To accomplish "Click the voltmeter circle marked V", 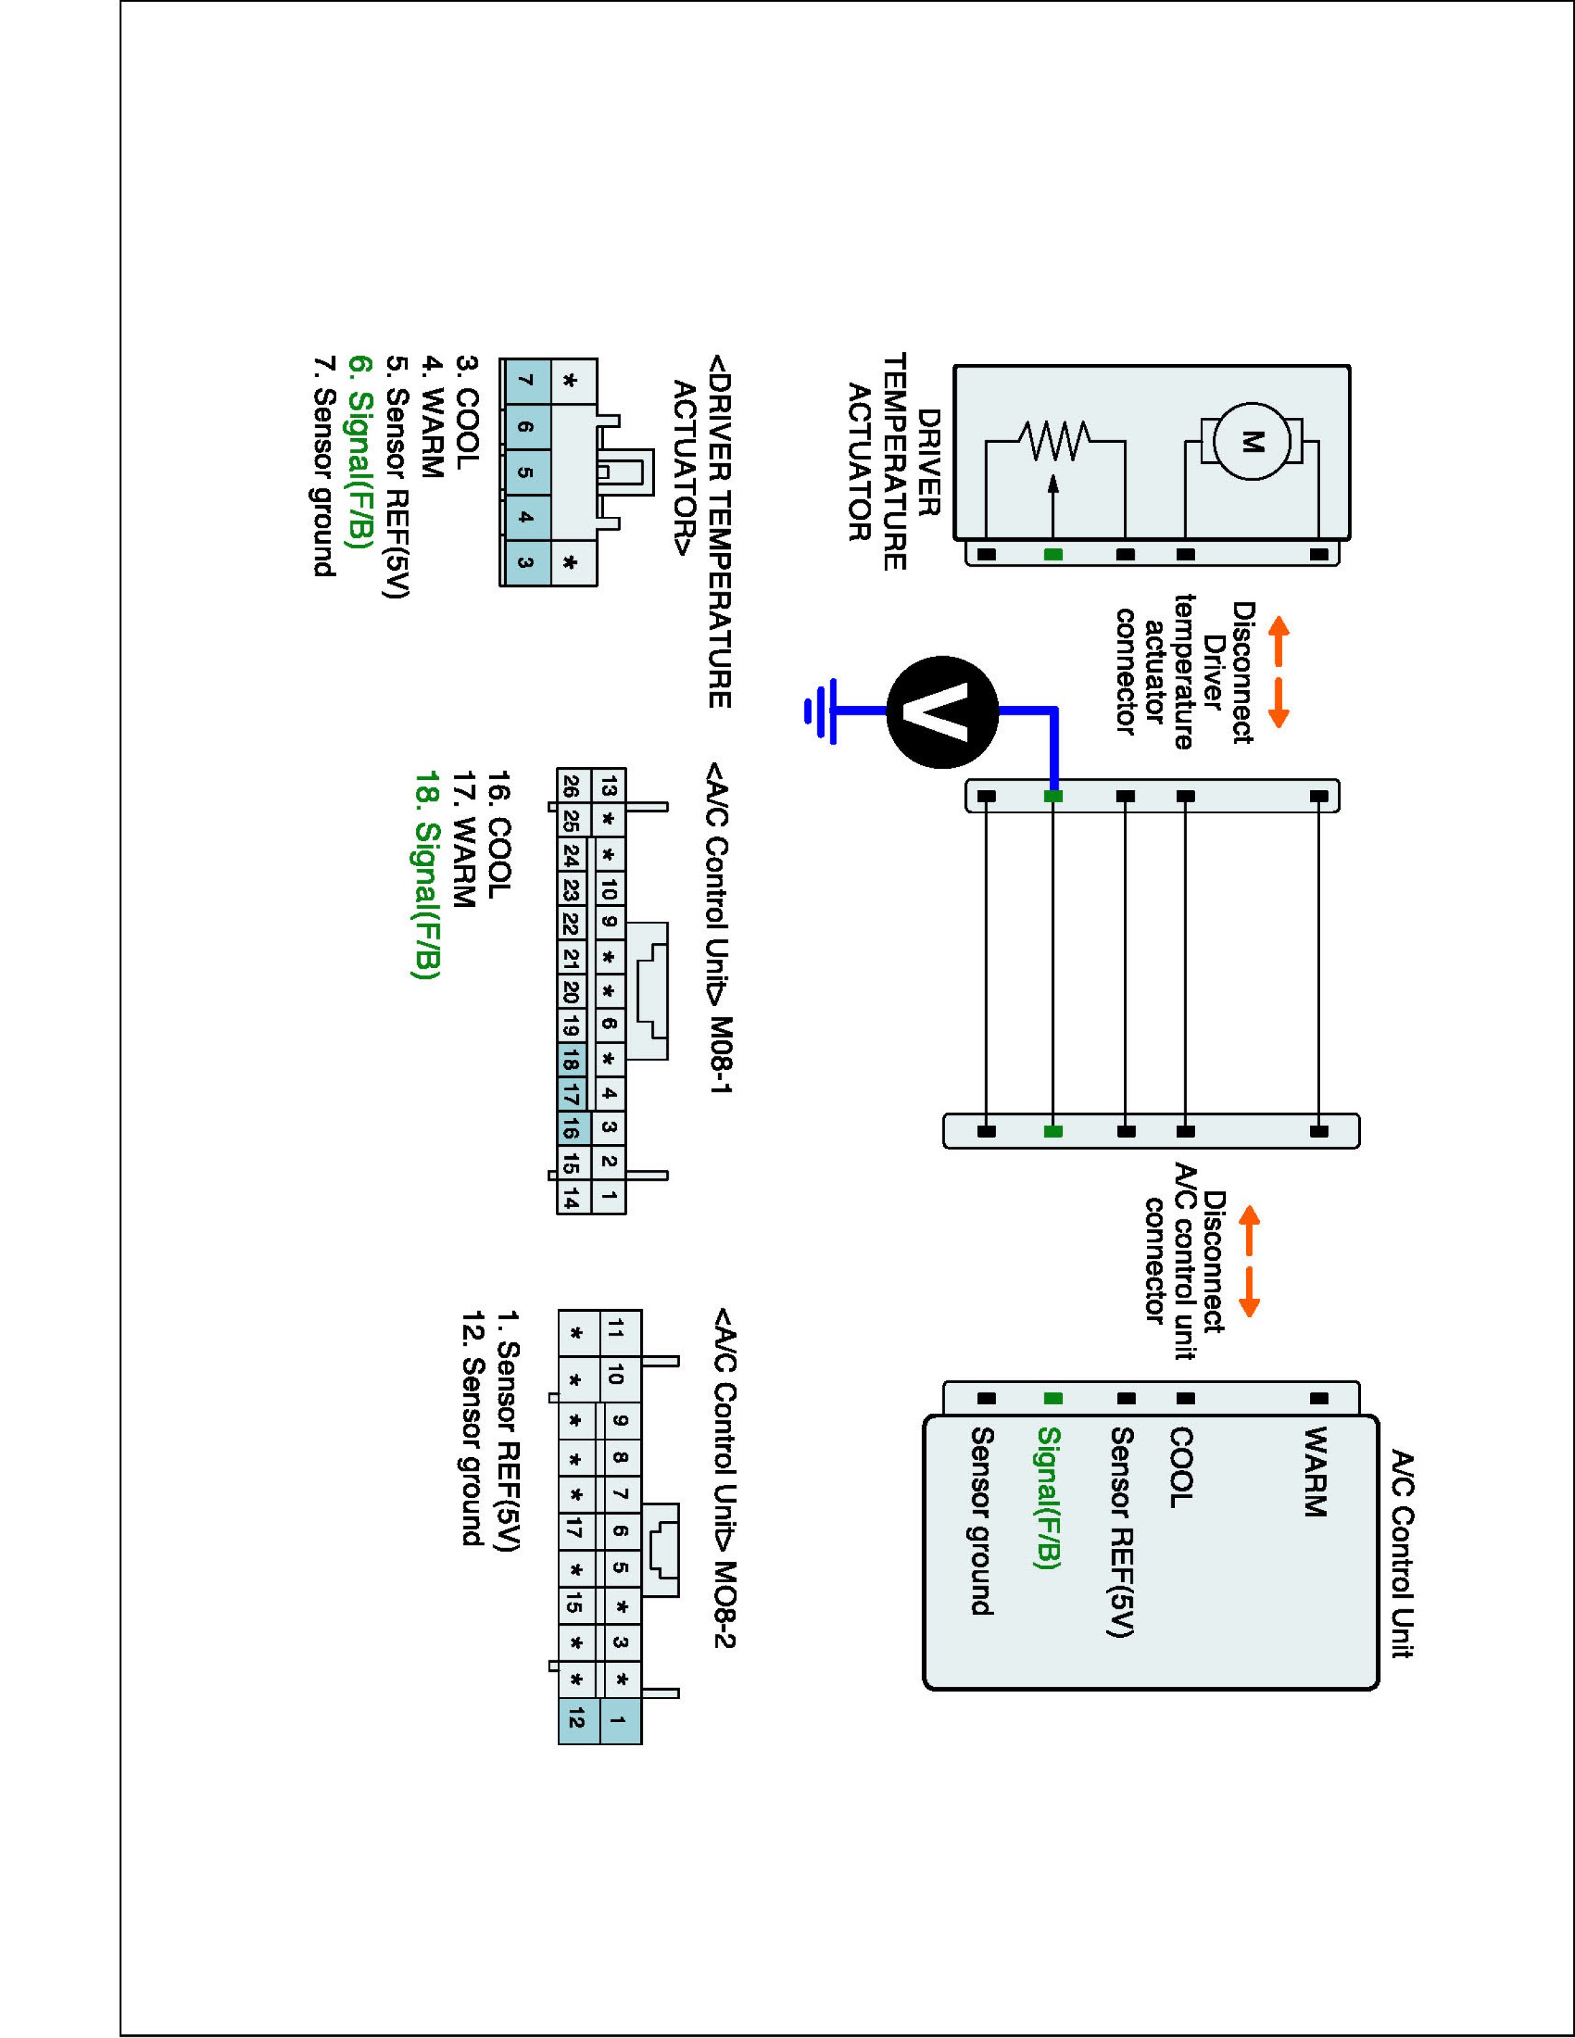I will click(942, 712).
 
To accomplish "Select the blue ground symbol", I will click(820, 712).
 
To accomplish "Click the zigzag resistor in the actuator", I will click(1055, 442).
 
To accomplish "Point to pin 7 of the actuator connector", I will click(525, 380).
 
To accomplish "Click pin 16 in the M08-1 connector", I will click(570, 1129).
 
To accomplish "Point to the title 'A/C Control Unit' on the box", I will click(1402, 1553).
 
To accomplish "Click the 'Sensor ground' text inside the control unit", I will click(983, 1520).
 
